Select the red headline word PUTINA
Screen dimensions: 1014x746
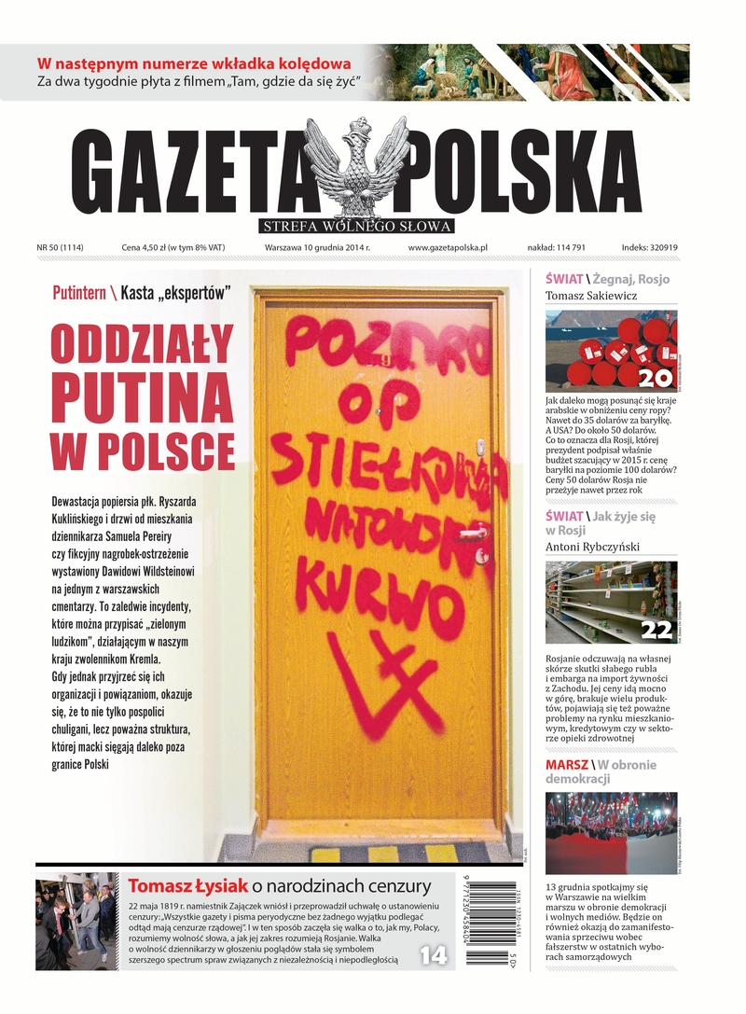[143, 401]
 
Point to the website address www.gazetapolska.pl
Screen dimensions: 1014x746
[448, 248]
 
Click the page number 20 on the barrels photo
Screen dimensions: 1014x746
[656, 378]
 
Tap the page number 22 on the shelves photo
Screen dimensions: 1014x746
[656, 631]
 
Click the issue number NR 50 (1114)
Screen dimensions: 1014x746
[61, 248]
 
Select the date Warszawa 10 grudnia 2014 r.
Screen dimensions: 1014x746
[317, 248]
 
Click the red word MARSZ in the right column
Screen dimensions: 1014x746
[567, 765]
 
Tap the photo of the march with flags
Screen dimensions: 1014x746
[611, 833]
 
